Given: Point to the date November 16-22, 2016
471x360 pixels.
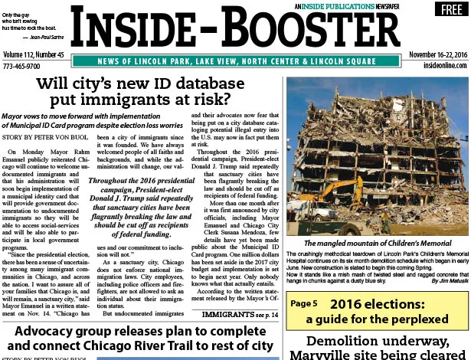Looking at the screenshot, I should (x=437, y=55).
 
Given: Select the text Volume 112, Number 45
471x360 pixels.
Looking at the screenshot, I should (x=34, y=55).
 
